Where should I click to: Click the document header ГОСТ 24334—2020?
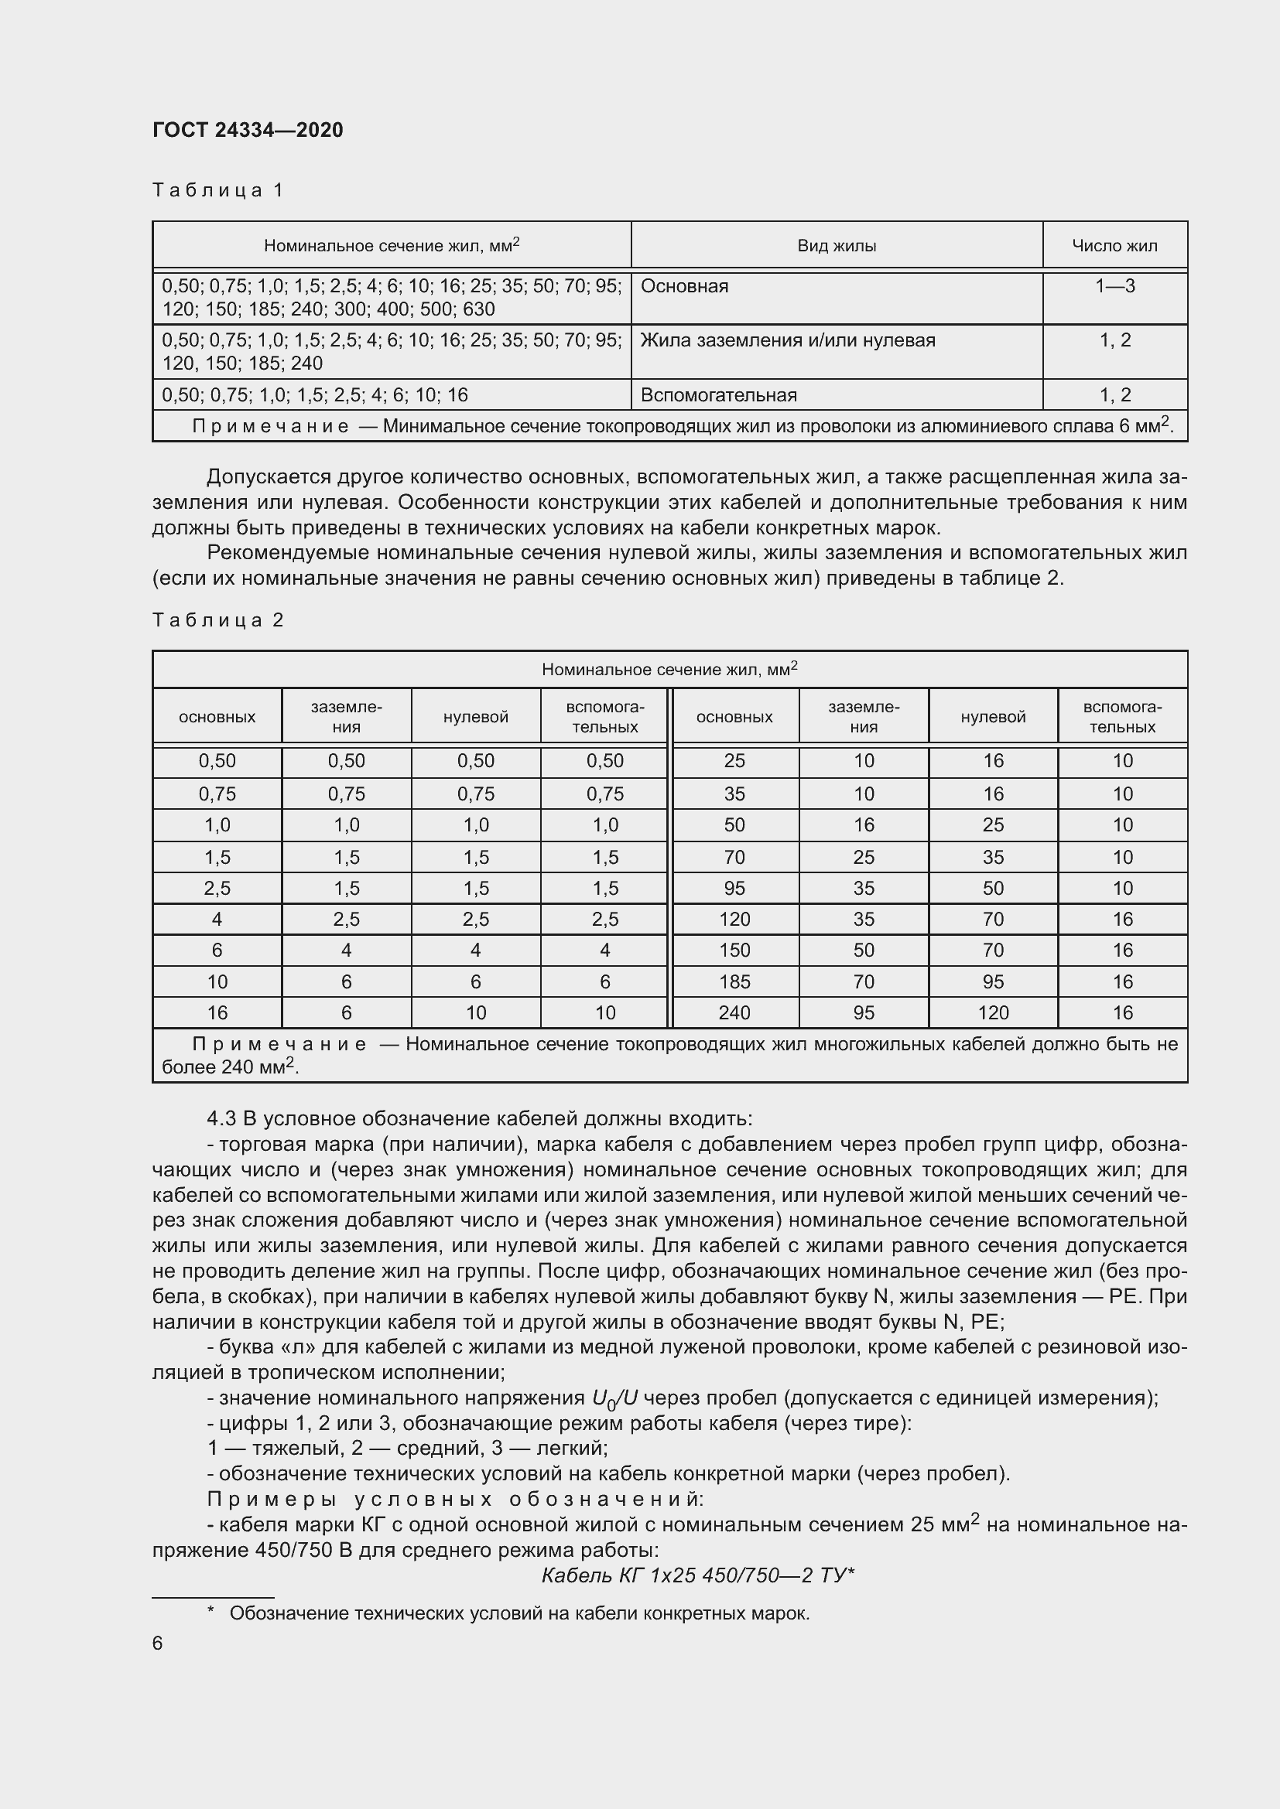pos(248,130)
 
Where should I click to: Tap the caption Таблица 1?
pos(217,190)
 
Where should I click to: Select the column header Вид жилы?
pos(837,246)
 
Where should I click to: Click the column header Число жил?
pos(1114,246)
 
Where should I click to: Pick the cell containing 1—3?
pos(1114,286)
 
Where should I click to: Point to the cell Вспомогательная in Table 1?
pos(718,394)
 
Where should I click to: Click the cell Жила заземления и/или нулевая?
pos(787,340)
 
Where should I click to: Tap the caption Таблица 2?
pos(217,620)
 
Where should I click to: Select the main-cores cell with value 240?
pos(734,1012)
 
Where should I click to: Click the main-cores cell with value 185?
pos(734,981)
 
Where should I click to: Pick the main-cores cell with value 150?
pos(734,951)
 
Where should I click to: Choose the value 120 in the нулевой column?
pos(992,1012)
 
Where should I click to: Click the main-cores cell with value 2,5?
pos(217,888)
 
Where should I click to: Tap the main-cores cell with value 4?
pos(217,920)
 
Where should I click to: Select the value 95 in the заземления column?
pos(863,1012)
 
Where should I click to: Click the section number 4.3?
pos(221,1119)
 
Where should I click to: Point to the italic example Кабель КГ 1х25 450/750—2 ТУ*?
pos(697,1575)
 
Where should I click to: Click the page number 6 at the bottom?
pos(158,1643)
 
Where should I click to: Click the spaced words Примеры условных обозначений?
pos(455,1500)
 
